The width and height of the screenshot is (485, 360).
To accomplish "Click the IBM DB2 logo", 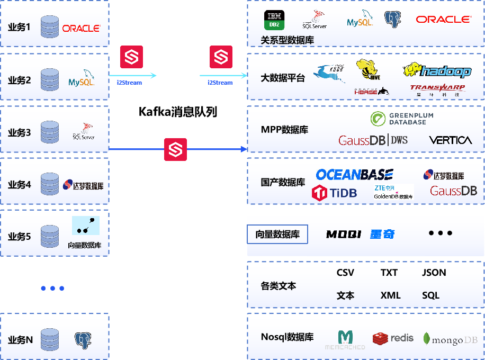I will pos(274,20).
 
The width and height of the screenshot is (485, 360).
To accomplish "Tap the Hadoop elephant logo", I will pos(437,70).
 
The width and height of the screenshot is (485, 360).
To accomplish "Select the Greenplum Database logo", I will pos(401,119).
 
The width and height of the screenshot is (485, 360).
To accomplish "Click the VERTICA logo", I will pos(450,140).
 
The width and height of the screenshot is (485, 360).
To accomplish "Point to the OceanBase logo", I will pos(354,175).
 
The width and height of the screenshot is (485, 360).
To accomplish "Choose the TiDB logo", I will pos(334,193).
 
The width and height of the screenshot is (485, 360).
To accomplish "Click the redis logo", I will pos(393,338).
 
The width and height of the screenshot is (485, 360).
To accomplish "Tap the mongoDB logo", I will pos(451,339).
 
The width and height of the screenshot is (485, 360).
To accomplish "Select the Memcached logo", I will pos(345,340).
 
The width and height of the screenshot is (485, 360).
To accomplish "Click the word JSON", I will pos(434,273).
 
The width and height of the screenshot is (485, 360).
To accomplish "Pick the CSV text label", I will pos(345,273).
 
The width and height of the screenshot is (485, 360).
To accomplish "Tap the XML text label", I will pos(390,295).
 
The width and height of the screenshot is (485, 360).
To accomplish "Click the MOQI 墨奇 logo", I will pos(360,234).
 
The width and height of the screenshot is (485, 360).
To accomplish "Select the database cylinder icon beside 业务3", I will pos(50,132).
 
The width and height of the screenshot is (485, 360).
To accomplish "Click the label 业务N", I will pos(21,340).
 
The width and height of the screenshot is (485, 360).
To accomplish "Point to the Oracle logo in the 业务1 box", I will pos(81,28).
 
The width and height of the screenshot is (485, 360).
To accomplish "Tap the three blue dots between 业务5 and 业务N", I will pos(52,289).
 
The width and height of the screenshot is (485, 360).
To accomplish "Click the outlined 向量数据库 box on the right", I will pos(277,234).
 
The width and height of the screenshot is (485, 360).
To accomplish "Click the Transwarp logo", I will pos(437,89).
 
